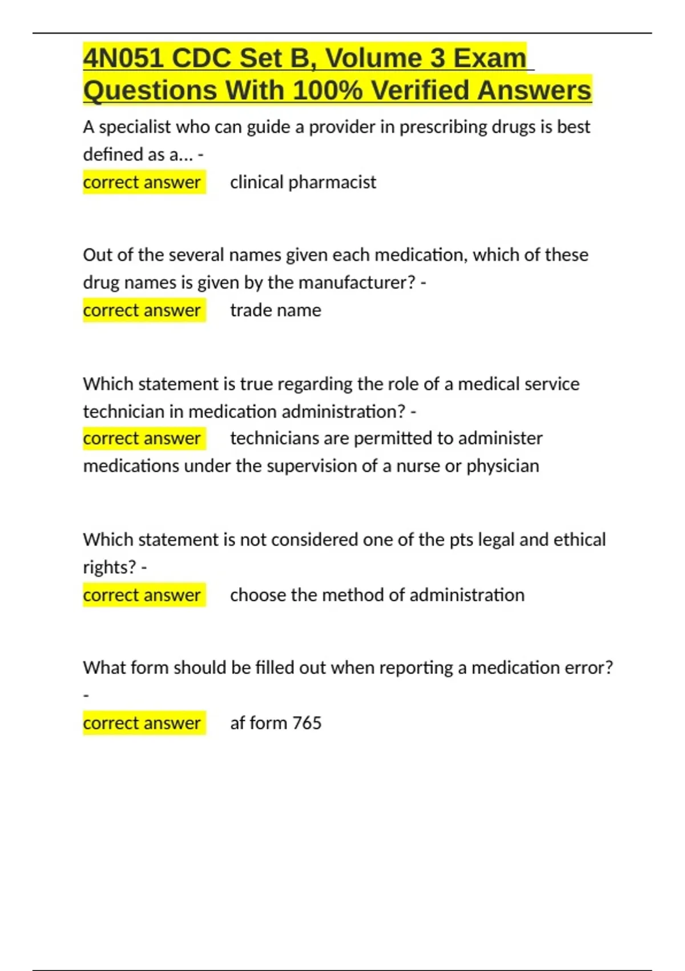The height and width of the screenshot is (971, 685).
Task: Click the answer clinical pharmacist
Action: (x=303, y=182)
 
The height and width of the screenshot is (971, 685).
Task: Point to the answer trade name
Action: (x=276, y=310)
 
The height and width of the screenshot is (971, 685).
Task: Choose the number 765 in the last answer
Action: (x=307, y=723)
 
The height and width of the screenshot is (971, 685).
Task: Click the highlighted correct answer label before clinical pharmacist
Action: (x=142, y=182)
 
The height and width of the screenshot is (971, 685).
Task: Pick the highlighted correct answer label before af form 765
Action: (x=142, y=723)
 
